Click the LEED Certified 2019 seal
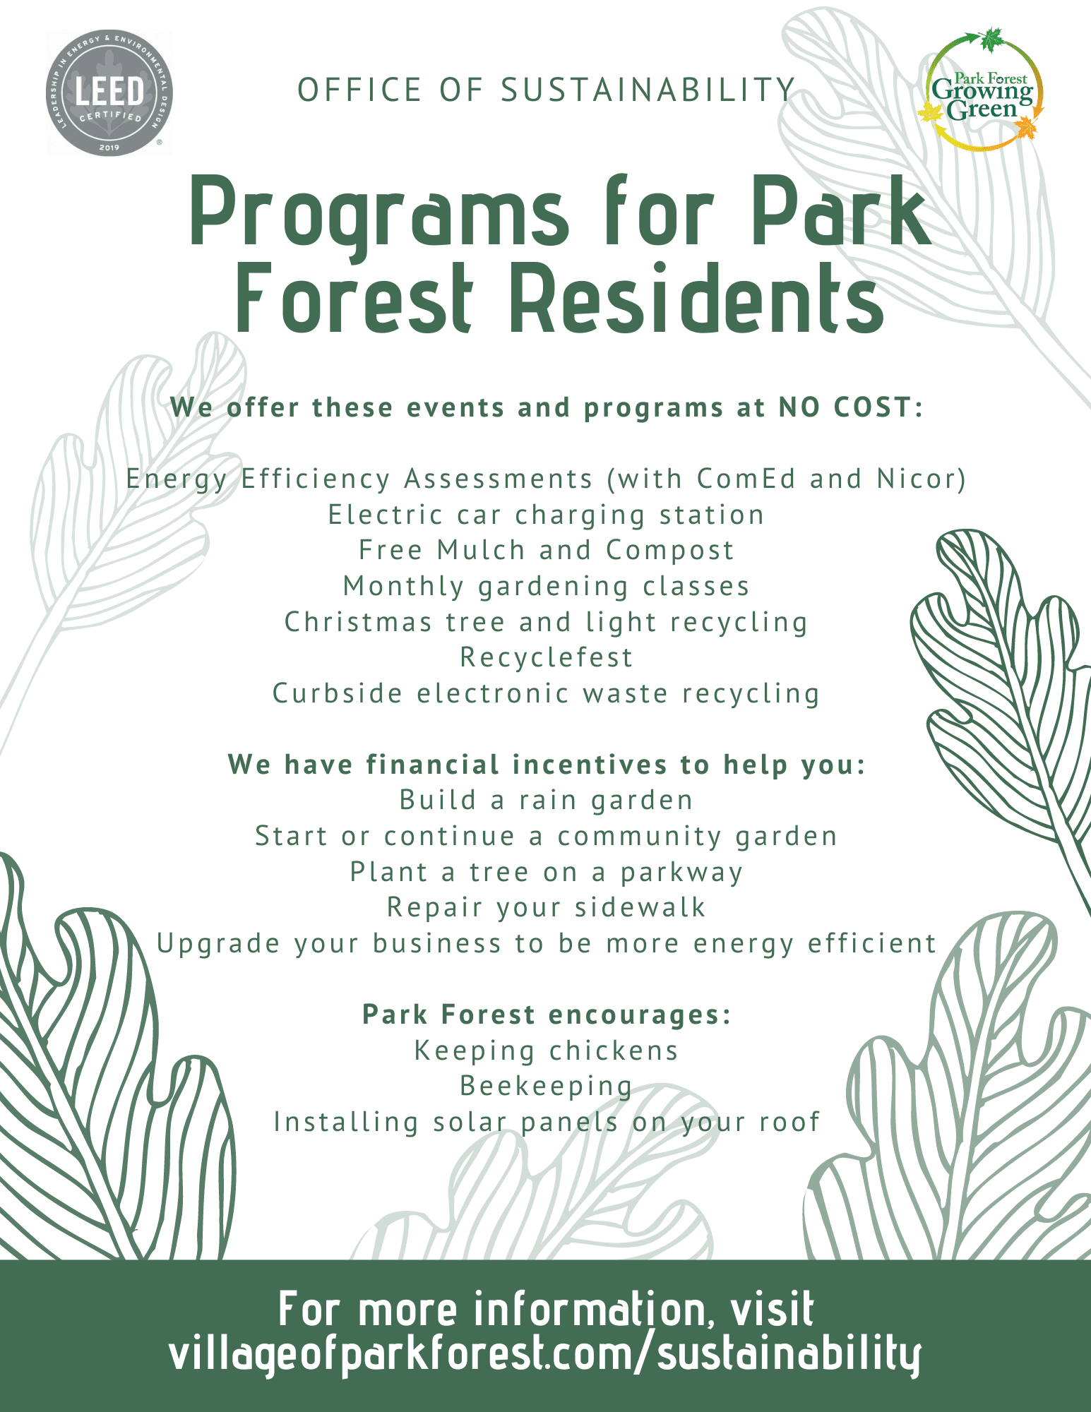click(x=109, y=92)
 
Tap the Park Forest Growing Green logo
click(x=982, y=90)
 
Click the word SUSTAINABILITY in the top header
click(x=648, y=90)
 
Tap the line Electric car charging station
click(x=546, y=515)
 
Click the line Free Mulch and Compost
click(x=546, y=550)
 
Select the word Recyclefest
click(x=546, y=657)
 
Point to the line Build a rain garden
click(x=546, y=800)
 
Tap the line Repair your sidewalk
click(x=546, y=907)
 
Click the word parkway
click(x=681, y=873)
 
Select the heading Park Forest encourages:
click(x=546, y=1015)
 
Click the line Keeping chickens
click(x=546, y=1051)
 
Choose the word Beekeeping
click(x=546, y=1086)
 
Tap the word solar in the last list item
click(x=470, y=1122)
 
